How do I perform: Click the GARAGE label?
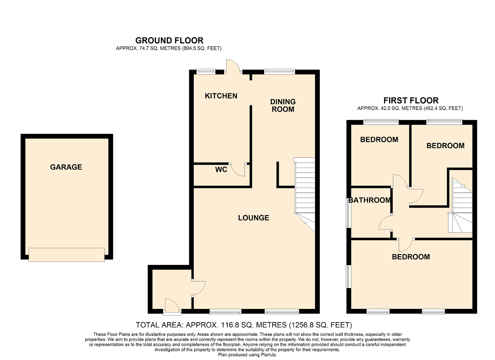[x=66, y=167]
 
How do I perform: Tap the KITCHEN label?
[x=221, y=96]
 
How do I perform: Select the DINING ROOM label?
[x=283, y=106]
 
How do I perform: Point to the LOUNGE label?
[x=254, y=218]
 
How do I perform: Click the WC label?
[x=221, y=169]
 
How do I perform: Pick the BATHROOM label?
[x=370, y=200]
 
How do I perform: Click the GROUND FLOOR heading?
[x=169, y=41]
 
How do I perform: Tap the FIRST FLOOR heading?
[x=411, y=101]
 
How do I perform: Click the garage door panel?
[x=67, y=255]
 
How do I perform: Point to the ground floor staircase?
[x=305, y=195]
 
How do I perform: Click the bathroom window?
[x=348, y=213]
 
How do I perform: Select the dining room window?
[x=280, y=72]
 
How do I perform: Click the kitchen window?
[x=206, y=72]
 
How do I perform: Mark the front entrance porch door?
[x=172, y=307]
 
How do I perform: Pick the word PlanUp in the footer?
[x=269, y=355]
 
